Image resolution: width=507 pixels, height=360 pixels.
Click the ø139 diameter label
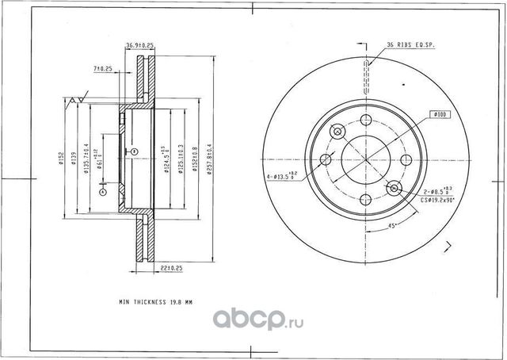(74, 159)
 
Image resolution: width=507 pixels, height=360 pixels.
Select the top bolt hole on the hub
(366, 120)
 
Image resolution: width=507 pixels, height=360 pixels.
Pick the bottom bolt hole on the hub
(366, 201)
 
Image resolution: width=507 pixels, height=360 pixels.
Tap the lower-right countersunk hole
(394, 188)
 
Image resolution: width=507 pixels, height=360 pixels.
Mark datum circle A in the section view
(102, 190)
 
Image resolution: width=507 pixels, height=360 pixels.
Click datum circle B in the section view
(135, 151)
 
